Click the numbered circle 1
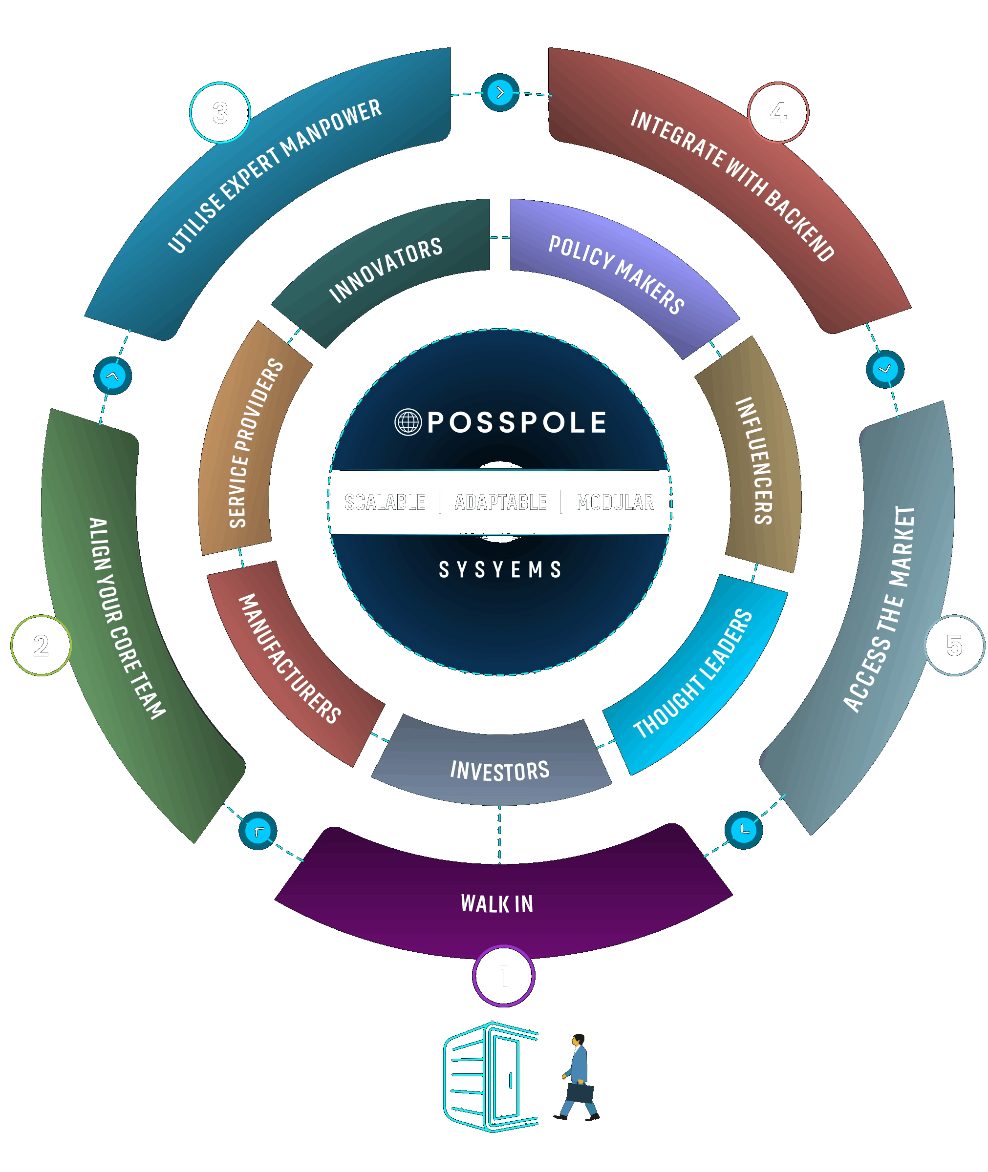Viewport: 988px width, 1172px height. [x=503, y=976]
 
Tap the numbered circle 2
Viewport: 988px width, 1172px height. [x=41, y=645]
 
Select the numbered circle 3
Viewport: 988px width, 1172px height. [x=220, y=112]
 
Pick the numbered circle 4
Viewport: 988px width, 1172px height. [x=778, y=112]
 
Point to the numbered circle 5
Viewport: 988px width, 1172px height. [x=954, y=645]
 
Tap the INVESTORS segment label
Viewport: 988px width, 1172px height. [x=499, y=771]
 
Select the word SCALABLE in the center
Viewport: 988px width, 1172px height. [x=385, y=502]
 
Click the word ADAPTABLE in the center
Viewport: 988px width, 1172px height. [x=500, y=502]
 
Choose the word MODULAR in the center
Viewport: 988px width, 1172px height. [x=615, y=502]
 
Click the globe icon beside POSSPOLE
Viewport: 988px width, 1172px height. [x=408, y=422]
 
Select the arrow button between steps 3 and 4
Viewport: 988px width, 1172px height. [x=500, y=92]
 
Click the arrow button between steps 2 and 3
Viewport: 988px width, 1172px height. [x=112, y=376]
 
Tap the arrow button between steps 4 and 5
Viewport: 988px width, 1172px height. [x=885, y=369]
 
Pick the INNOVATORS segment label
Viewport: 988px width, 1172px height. [x=386, y=270]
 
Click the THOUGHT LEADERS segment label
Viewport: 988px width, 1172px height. [x=693, y=674]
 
